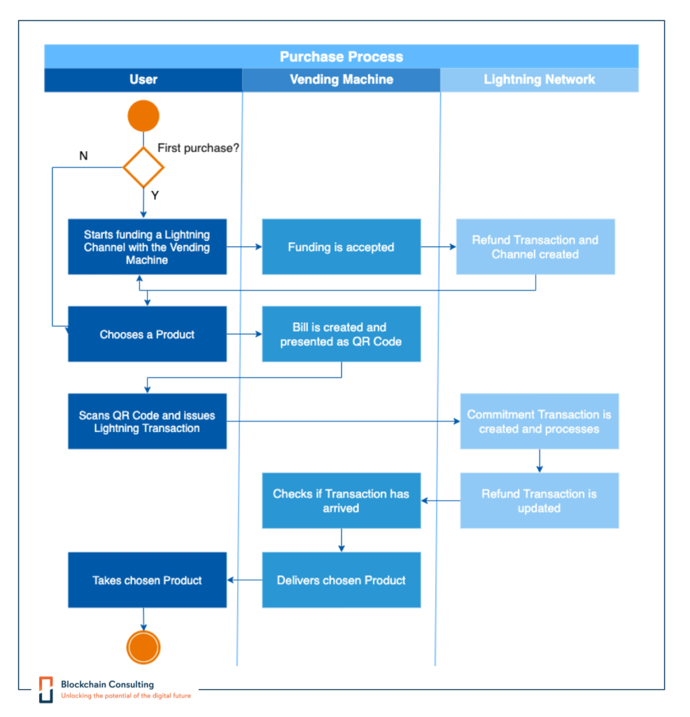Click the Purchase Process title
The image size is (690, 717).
click(x=342, y=57)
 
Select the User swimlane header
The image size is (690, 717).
click(x=143, y=80)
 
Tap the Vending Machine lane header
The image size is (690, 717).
click(x=342, y=80)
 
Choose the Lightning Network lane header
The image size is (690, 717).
click(x=540, y=80)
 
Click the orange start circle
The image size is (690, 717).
click(x=143, y=116)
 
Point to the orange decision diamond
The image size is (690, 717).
click(x=143, y=167)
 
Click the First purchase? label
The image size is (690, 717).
click(x=198, y=148)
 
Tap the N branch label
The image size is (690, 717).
click(x=83, y=155)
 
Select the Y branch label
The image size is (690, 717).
click(x=155, y=195)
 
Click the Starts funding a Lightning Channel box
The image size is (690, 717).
click(x=147, y=247)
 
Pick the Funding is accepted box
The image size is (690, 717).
click(x=342, y=247)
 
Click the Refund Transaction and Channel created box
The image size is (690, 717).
click(x=535, y=247)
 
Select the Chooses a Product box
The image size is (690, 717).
click(x=147, y=335)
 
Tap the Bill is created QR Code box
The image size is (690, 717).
click(x=342, y=335)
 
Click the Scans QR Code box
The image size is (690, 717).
click(x=147, y=422)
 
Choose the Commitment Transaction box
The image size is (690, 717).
click(x=539, y=422)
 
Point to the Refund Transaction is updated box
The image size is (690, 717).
click(x=539, y=501)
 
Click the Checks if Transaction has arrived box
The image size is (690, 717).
click(x=342, y=501)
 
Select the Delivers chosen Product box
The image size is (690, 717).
click(x=342, y=580)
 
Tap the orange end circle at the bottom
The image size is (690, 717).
click(x=143, y=647)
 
